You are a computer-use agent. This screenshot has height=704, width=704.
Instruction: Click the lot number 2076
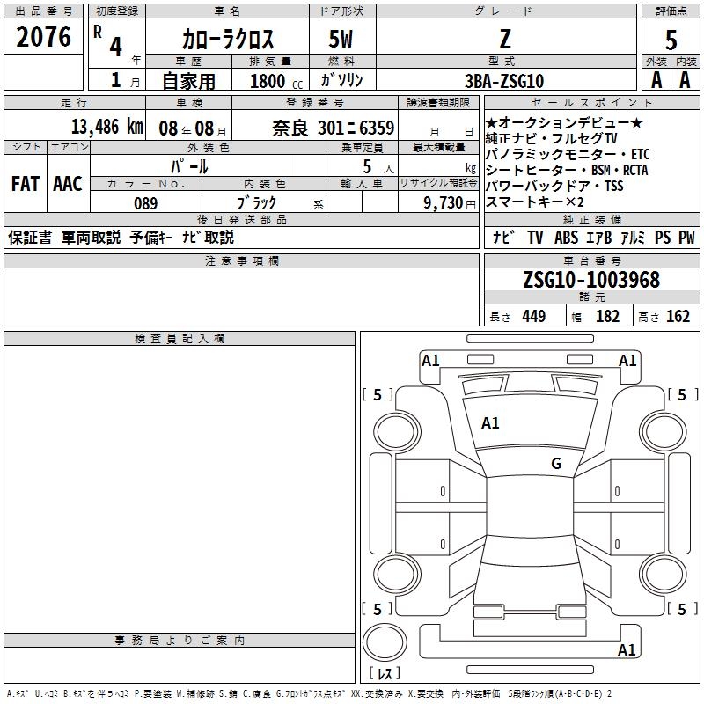point(43,37)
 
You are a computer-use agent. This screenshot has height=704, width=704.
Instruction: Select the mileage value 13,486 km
point(106,127)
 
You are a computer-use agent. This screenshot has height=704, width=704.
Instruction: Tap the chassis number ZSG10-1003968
point(591,280)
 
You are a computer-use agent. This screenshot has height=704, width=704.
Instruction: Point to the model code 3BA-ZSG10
point(504,81)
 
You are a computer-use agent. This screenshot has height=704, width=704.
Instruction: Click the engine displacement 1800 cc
point(276,82)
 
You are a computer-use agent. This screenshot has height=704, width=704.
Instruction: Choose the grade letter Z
point(505,39)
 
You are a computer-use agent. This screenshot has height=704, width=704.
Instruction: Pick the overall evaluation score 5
point(671,40)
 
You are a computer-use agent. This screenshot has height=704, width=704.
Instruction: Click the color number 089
point(145,203)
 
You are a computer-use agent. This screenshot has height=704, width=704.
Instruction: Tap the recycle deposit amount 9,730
point(444,202)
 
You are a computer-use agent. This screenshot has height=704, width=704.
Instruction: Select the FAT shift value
point(26,184)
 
